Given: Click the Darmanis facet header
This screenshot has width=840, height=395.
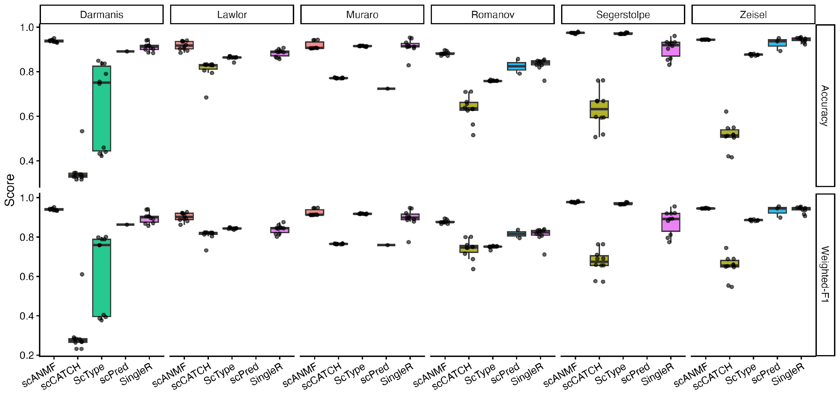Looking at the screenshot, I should tap(101, 15).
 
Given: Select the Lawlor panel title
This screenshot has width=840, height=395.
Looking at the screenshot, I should tap(232, 15).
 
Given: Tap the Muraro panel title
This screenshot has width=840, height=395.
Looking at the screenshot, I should tap(362, 15).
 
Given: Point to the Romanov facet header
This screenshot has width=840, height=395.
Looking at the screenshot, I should tap(492, 15).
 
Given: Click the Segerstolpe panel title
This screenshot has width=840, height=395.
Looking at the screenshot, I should tap(623, 15).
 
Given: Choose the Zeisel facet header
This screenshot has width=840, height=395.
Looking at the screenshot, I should tap(753, 15).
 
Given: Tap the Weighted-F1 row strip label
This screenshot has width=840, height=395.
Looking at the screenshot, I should tap(824, 274).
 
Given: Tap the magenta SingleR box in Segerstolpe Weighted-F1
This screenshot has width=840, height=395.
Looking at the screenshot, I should tap(671, 223).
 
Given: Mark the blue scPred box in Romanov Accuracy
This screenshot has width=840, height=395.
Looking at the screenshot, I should tap(517, 66).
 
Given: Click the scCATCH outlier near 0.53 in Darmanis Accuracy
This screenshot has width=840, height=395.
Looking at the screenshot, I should tap(82, 131).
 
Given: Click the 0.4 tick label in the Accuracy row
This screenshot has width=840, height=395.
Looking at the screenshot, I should tap(27, 161).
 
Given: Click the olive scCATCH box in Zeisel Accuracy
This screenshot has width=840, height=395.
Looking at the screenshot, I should tap(730, 133).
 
